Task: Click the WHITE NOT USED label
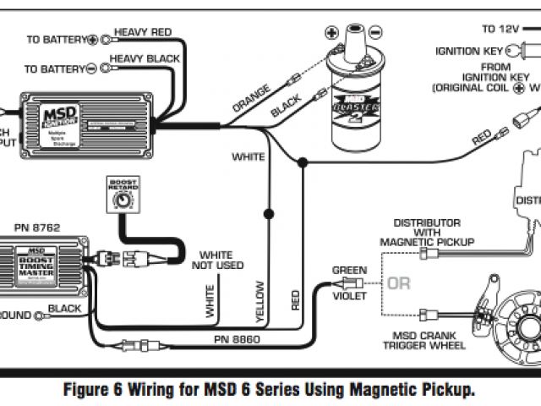pos(221,260)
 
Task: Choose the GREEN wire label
pos(348,271)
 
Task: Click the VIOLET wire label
pos(348,296)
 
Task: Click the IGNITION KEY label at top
pos(469,51)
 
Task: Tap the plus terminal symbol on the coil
pos(331,35)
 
